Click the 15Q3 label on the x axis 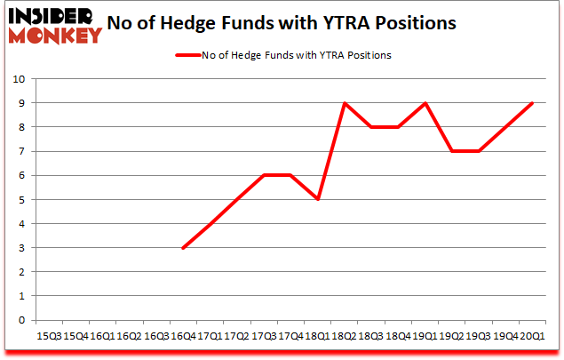coord(49,336)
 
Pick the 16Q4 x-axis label coord(182,336)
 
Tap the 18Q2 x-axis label coord(344,336)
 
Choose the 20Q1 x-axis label coord(531,336)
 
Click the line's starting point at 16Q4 coord(182,248)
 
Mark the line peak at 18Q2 coord(344,103)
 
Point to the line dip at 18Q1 coord(317,200)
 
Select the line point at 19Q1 coord(425,103)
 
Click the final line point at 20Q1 coord(531,103)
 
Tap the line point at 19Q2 coord(451,151)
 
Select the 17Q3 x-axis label coord(263,336)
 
